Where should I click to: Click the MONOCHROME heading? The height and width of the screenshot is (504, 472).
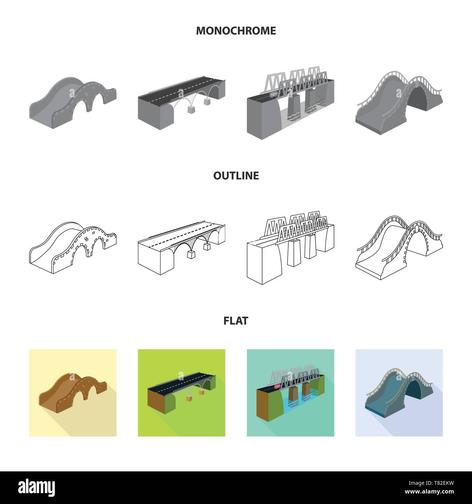[236, 31]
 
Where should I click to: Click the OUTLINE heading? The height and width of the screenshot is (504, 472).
[236, 175]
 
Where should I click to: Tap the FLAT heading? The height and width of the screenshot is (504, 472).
[236, 321]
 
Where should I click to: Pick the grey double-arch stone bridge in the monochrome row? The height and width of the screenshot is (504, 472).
[73, 103]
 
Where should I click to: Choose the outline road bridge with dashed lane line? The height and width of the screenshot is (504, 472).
[182, 248]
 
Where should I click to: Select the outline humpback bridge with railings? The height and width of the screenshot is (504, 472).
[399, 248]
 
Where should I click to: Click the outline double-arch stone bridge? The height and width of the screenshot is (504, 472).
[73, 248]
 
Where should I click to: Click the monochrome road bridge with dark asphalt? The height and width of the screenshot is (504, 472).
[182, 103]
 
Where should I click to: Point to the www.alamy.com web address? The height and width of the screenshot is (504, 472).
[430, 492]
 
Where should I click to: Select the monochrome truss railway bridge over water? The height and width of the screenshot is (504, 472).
[290, 103]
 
